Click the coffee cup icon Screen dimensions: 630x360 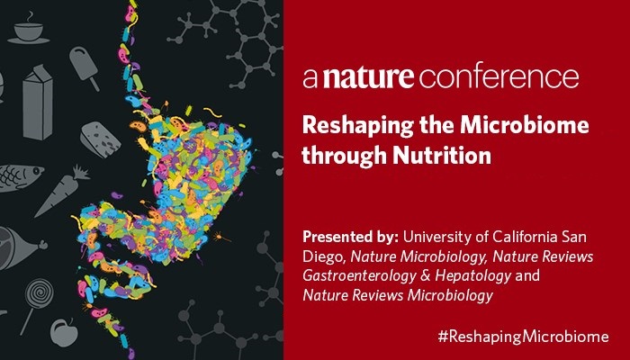28,30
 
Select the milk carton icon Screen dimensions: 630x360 38,102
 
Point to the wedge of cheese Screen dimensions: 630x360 100,139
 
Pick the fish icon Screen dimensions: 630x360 21,177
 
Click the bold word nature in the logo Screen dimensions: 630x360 368,77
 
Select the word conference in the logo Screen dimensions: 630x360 499,77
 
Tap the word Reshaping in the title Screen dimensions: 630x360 358,127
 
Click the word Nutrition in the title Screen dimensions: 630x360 442,155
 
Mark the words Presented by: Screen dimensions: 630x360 350,237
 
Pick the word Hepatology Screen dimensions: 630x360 472,276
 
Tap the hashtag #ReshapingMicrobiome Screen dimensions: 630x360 523,337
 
